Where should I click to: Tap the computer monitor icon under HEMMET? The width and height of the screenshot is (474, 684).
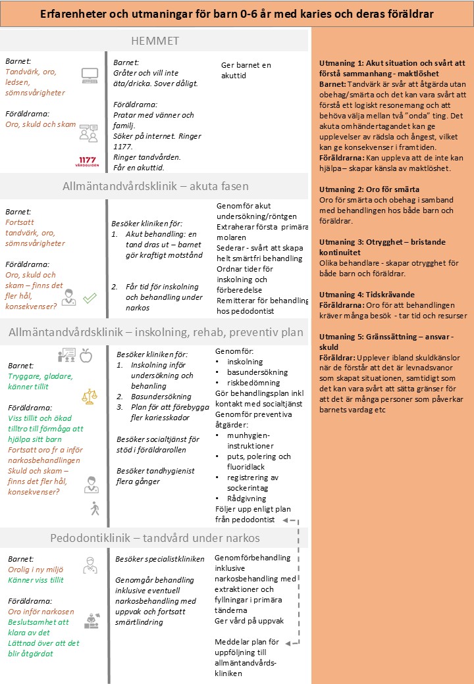[89, 75]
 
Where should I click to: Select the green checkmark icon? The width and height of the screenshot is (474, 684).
[90, 297]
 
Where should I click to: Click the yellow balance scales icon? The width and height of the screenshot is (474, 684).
[89, 396]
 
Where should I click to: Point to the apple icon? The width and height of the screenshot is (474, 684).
[85, 356]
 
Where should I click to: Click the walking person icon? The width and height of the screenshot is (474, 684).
[93, 508]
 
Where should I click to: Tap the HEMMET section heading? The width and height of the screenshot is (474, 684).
[155, 41]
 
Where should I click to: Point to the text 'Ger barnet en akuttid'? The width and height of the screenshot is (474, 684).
[247, 70]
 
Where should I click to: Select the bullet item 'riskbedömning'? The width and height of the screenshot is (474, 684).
[253, 382]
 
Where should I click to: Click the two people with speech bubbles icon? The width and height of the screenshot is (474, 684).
[88, 132]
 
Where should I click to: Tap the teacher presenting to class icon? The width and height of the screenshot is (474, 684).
[67, 356]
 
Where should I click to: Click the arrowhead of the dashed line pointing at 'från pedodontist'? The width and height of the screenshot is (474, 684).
[284, 520]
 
